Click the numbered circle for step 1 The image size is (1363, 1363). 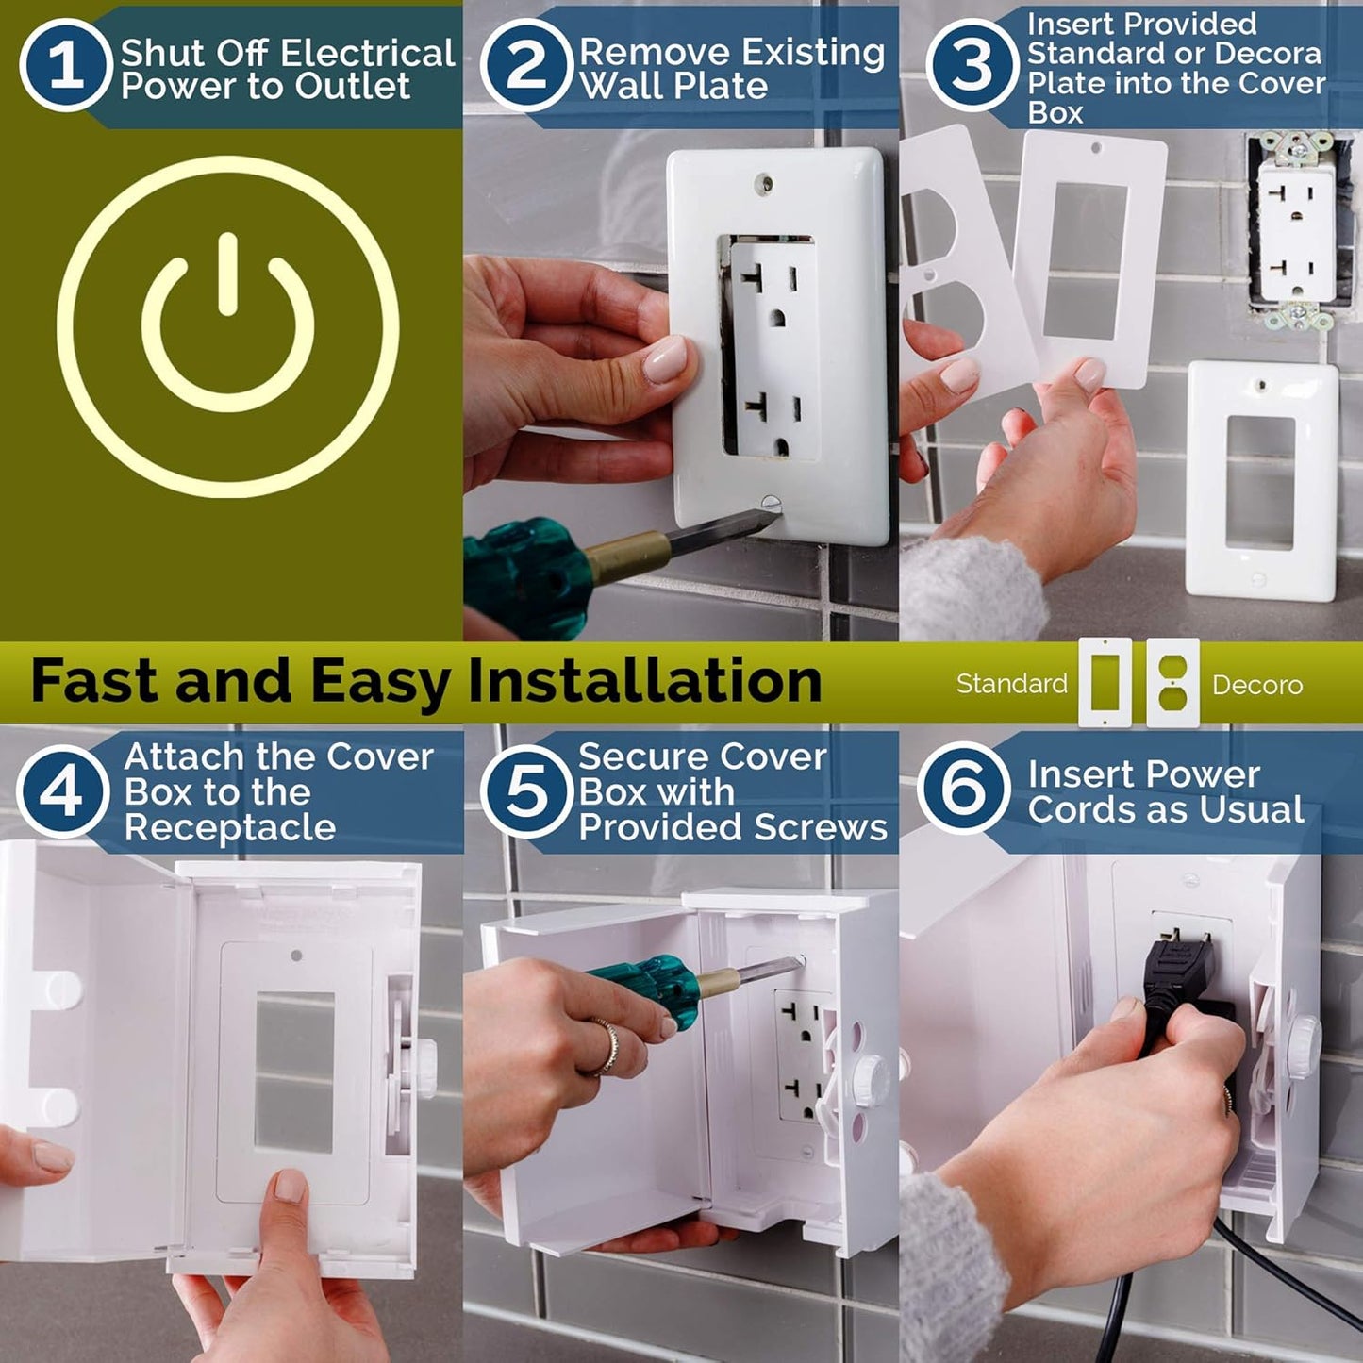pyautogui.click(x=65, y=65)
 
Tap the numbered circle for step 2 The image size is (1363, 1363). pyautogui.click(x=526, y=65)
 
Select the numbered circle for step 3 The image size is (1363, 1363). pyautogui.click(x=972, y=65)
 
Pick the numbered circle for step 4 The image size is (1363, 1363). pyautogui.click(x=62, y=791)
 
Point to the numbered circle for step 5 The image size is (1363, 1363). pyautogui.click(x=526, y=791)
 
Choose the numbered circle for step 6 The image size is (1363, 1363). pyautogui.click(x=963, y=788)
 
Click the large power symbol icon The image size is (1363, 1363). pyautogui.click(x=227, y=326)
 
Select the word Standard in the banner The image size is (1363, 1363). pyautogui.click(x=1011, y=683)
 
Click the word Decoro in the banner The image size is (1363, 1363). pyautogui.click(x=1257, y=685)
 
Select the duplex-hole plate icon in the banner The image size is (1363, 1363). pyautogui.click(x=1172, y=683)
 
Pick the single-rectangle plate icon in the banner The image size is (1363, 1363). pyautogui.click(x=1105, y=683)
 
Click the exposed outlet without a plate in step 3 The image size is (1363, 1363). pyautogui.click(x=1297, y=231)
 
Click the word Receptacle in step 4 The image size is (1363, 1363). pyautogui.click(x=230, y=827)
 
